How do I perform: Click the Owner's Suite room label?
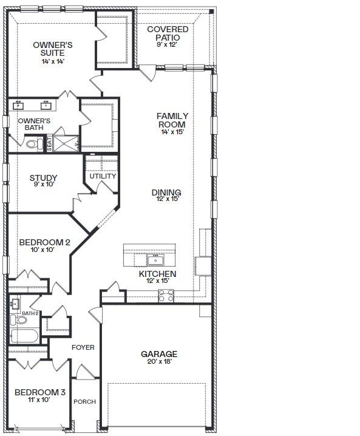53,49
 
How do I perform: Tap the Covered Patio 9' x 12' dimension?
167,44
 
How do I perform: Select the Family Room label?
172,120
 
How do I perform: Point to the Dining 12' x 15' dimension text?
166,199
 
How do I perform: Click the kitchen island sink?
155,261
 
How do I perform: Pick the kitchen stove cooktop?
166,296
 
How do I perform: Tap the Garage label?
159,354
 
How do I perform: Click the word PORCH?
85,402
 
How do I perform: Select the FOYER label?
83,347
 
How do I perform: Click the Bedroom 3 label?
40,392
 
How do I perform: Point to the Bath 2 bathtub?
24,336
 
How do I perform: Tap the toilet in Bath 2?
19,320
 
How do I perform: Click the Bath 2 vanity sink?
15,304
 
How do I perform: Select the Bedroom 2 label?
44,242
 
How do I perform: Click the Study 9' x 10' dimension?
44,184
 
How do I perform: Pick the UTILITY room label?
103,176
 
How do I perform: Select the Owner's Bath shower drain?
66,144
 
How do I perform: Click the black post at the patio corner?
211,12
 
